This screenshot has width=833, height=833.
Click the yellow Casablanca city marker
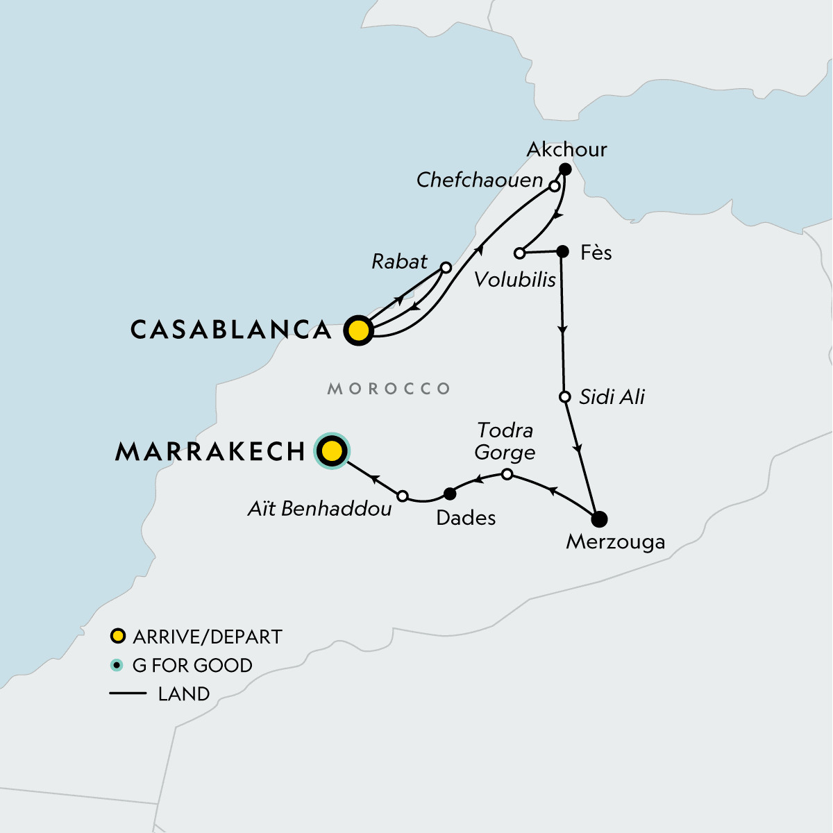359,330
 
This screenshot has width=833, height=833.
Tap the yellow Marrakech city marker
332,452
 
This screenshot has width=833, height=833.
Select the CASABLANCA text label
231,330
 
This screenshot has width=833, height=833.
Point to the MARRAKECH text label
210,452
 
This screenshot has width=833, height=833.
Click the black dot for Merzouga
599,519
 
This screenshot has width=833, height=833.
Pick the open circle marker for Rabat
446,267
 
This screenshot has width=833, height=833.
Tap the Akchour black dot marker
565,169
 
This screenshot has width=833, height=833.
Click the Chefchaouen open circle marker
555,186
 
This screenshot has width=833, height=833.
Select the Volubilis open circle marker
519,253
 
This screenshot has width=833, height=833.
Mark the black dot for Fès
563,251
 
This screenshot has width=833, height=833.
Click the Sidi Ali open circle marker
565,397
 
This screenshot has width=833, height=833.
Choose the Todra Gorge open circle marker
507,474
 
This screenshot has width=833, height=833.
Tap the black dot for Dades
449,494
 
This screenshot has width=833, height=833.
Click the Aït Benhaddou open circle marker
403,496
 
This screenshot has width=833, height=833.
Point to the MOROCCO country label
389,389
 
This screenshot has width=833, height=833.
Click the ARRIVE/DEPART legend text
207,637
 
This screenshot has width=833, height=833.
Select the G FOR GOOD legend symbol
117,665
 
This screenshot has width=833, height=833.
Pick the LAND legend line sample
128,693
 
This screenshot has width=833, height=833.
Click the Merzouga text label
615,541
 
